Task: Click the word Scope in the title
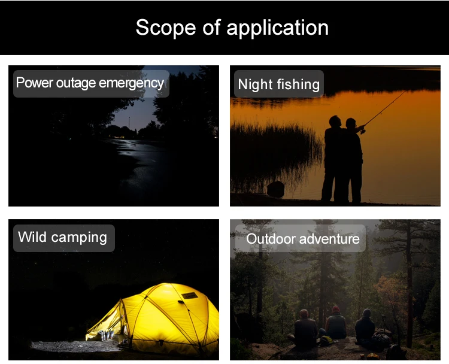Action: click(166, 28)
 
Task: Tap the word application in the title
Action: click(277, 28)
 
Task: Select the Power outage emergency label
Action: click(91, 84)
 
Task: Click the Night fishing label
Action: click(278, 84)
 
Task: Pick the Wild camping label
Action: click(64, 238)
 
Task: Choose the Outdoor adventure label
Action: click(301, 238)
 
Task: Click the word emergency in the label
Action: click(132, 84)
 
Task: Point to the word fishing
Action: click(298, 85)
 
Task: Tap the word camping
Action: click(79, 238)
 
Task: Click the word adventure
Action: click(329, 238)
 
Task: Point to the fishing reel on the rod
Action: click(363, 131)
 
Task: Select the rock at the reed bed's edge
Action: click(275, 189)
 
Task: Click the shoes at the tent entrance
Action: click(105, 335)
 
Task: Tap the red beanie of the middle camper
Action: click(336, 309)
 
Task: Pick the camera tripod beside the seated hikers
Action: click(383, 323)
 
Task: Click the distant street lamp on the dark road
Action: click(129, 123)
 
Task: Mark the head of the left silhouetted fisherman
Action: click(335, 122)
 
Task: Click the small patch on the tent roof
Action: click(189, 295)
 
